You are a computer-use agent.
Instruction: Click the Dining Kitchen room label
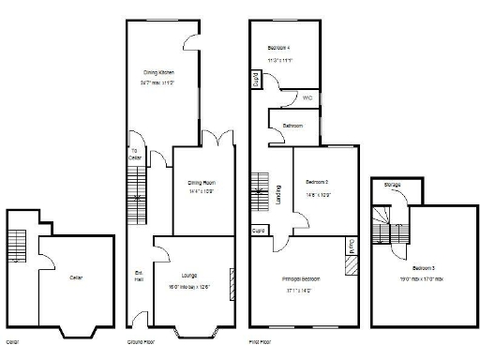coord(158,72)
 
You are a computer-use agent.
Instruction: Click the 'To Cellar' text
coord(135,154)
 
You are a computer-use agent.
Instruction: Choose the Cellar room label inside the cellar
coord(76,277)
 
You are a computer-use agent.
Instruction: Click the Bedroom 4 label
coord(278,47)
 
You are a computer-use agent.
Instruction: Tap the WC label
coord(307,98)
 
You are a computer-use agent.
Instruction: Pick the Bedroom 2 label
coord(316,181)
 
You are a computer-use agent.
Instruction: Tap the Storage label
coord(392,186)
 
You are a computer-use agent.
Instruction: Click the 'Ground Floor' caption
coord(141,343)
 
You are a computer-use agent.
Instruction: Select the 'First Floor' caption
coord(260,343)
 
